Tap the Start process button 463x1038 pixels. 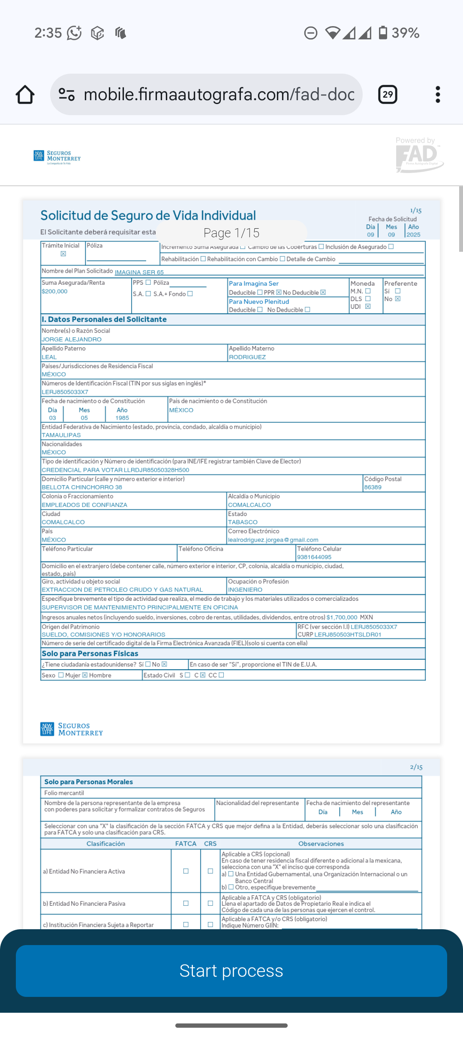point(231,971)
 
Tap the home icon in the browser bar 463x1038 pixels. point(25,95)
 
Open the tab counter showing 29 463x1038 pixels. point(388,95)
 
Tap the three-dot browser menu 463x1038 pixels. point(437,95)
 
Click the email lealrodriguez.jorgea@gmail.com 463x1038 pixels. point(273,540)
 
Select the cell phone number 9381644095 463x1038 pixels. point(314,557)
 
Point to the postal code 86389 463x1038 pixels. point(373,487)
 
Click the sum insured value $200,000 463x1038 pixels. point(54,292)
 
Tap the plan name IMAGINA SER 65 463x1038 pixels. point(139,272)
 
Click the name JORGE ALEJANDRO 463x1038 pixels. point(72,340)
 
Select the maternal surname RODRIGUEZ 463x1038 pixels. point(247,357)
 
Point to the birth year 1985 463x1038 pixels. point(122,418)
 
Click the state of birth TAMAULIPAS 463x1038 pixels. point(61,435)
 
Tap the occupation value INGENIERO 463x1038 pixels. point(245,590)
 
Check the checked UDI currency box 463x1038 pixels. point(368,307)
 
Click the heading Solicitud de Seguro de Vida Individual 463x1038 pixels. point(148,215)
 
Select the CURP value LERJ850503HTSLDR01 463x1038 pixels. point(348,635)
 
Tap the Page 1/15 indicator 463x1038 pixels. point(231,233)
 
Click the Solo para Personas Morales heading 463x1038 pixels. point(89,782)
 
